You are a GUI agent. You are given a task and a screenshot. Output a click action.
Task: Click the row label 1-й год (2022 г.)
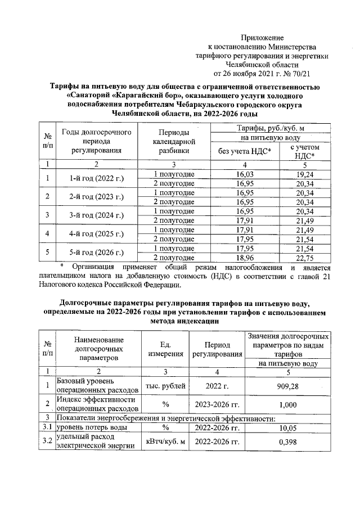pyautogui.click(x=96, y=179)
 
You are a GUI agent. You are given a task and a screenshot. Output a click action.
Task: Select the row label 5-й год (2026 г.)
pyautogui.click(x=96, y=253)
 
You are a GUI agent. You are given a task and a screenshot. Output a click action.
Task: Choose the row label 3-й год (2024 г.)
pyautogui.click(x=96, y=215)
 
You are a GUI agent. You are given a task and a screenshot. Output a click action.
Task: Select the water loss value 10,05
pyautogui.click(x=288, y=428)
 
